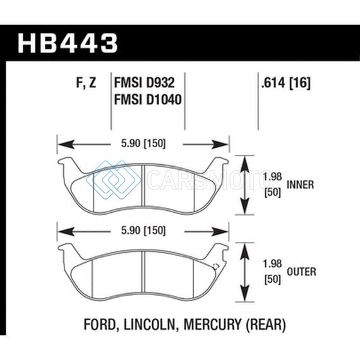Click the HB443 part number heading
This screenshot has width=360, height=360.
[68, 43]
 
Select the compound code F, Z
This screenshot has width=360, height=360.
[86, 83]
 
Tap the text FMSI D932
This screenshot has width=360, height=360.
[145, 83]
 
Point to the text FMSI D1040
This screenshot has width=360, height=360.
[148, 100]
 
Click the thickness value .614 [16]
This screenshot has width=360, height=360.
[285, 83]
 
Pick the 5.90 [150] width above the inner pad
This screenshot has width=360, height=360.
[143, 144]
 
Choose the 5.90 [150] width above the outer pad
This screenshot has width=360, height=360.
[143, 231]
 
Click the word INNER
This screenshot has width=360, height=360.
[300, 185]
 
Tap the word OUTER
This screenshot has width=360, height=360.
[301, 272]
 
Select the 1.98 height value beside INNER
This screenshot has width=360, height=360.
[272, 177]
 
